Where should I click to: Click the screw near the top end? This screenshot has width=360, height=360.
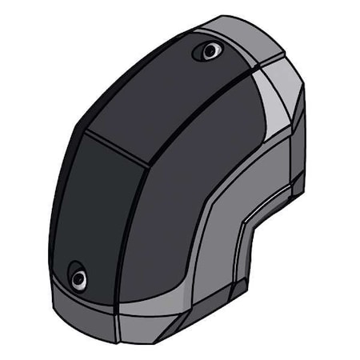[210, 52]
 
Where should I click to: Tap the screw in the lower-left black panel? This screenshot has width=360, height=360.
[78, 279]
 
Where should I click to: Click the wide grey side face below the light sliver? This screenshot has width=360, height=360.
[240, 172]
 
